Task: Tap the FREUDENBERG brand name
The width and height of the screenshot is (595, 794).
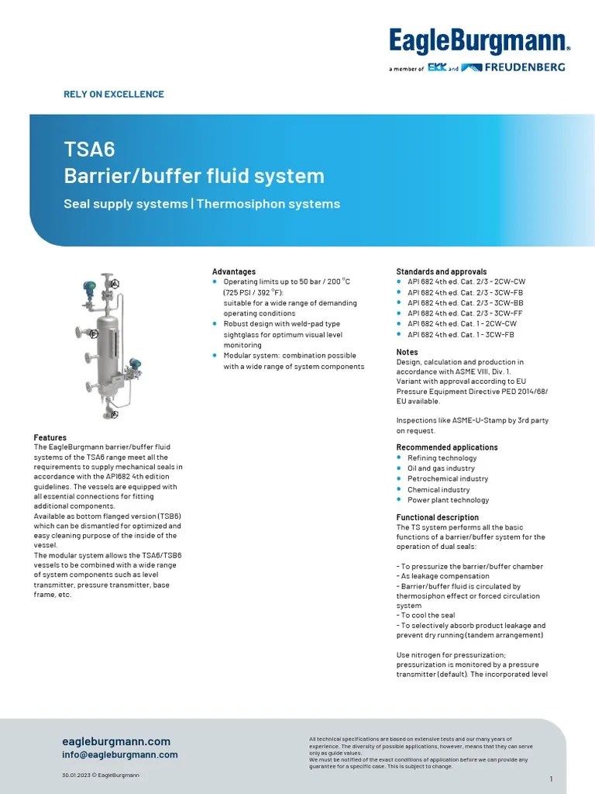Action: pos(524,67)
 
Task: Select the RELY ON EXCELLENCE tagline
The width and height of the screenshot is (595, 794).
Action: pos(113,95)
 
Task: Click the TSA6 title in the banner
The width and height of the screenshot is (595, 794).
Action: pos(89,149)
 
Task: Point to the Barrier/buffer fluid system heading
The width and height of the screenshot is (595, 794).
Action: pos(194,176)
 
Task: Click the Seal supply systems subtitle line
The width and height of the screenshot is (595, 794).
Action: pos(201,204)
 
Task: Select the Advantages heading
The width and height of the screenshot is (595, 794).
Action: pos(234,271)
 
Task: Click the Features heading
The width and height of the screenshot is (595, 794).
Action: pos(50,437)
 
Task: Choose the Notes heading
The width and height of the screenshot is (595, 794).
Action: pos(408,352)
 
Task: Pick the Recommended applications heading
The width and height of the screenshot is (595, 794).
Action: pos(447,447)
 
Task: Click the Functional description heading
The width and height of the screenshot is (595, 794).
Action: pos(438,517)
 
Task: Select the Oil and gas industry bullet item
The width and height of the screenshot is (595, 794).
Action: pos(441,468)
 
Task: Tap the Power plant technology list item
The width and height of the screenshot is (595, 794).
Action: pos(448,500)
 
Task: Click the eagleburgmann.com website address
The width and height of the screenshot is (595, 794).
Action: pos(116,741)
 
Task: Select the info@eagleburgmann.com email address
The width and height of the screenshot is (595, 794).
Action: pos(120,754)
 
